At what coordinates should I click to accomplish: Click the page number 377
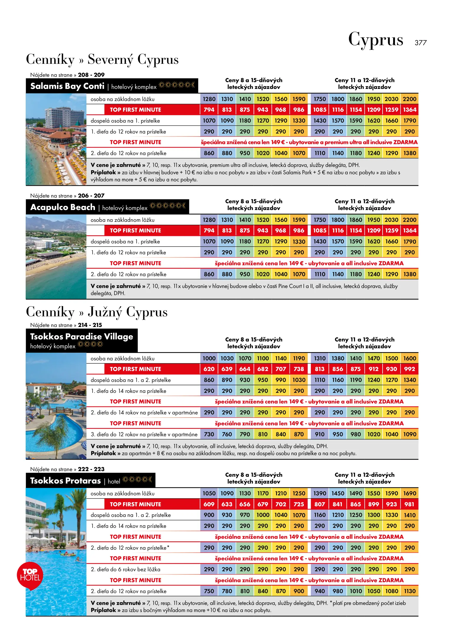(420, 43)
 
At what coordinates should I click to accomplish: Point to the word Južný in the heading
(105, 312)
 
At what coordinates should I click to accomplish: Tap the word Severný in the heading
(110, 59)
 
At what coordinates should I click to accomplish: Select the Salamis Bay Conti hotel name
(67, 86)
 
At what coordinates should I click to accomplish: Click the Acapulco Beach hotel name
(63, 207)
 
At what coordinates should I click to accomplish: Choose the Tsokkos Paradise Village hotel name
(81, 337)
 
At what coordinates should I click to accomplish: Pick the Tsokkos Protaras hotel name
(65, 481)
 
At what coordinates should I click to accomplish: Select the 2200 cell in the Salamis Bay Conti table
(409, 99)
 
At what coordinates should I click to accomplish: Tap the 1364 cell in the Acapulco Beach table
(409, 231)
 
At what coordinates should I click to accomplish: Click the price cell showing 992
(409, 369)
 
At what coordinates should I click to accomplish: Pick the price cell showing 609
(209, 504)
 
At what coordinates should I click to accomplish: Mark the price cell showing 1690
(409, 494)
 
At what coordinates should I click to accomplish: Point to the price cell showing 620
(209, 369)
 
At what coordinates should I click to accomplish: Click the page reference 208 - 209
(91, 75)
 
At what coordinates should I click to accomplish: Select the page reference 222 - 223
(91, 469)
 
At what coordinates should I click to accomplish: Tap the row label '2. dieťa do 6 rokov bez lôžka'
(125, 569)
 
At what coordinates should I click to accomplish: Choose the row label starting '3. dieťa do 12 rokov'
(144, 434)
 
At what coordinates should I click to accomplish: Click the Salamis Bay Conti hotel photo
(56, 139)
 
